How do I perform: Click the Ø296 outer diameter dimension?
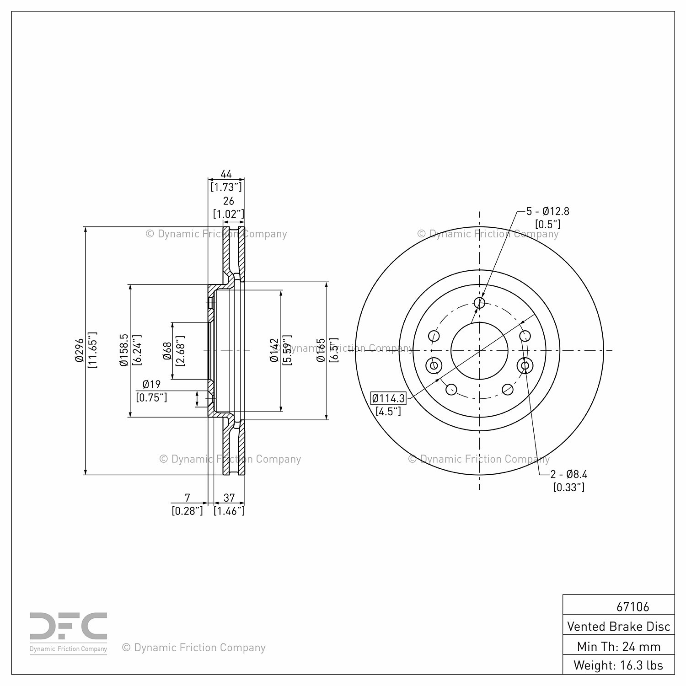[80, 350]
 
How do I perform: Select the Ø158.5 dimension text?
[123, 350]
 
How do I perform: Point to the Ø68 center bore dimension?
[167, 350]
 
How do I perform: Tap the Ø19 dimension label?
[151, 385]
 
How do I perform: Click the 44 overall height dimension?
[226, 174]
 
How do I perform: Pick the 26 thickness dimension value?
[228, 201]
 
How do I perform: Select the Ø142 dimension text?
[274, 350]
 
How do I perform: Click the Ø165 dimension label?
[321, 350]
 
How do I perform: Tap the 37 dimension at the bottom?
[229, 498]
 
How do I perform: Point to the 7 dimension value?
[187, 498]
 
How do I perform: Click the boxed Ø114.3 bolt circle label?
[388, 398]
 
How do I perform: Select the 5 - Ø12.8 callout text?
[547, 211]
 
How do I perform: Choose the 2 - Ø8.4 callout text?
[568, 475]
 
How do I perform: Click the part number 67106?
[632, 606]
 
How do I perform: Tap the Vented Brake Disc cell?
[618, 626]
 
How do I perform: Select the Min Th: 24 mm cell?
[618, 646]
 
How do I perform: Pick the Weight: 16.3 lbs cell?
[618, 665]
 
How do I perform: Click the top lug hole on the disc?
[479, 302]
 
